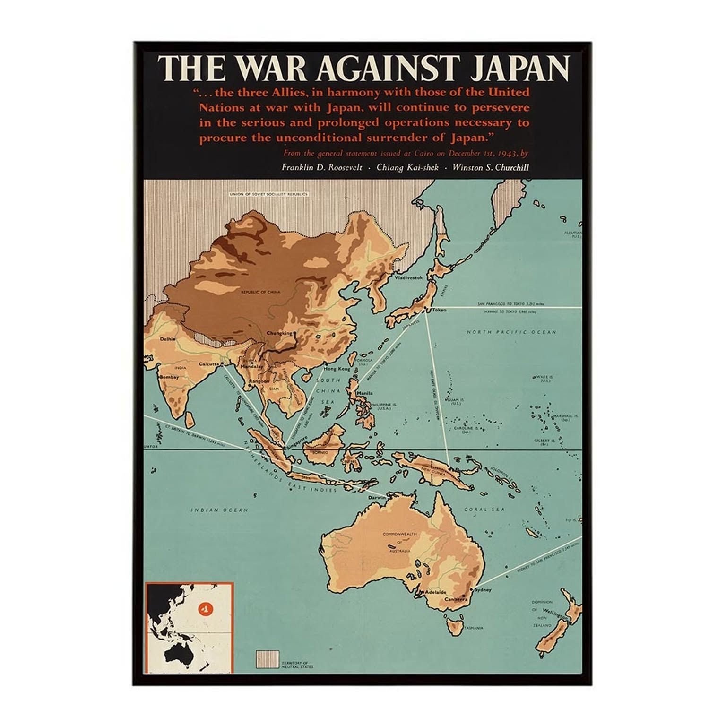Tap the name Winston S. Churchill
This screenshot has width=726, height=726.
click(490, 167)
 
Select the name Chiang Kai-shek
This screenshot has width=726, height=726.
click(407, 167)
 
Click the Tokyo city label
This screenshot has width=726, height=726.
click(439, 310)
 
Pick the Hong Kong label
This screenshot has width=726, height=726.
click(337, 369)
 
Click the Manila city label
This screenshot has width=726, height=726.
click(365, 393)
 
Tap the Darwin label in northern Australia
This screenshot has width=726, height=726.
click(377, 498)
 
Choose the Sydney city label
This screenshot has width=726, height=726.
click(483, 590)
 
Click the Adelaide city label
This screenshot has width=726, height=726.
click(435, 592)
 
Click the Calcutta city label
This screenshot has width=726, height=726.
click(208, 364)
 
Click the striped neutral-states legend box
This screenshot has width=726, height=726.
click(267, 659)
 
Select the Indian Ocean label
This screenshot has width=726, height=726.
click(219, 510)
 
